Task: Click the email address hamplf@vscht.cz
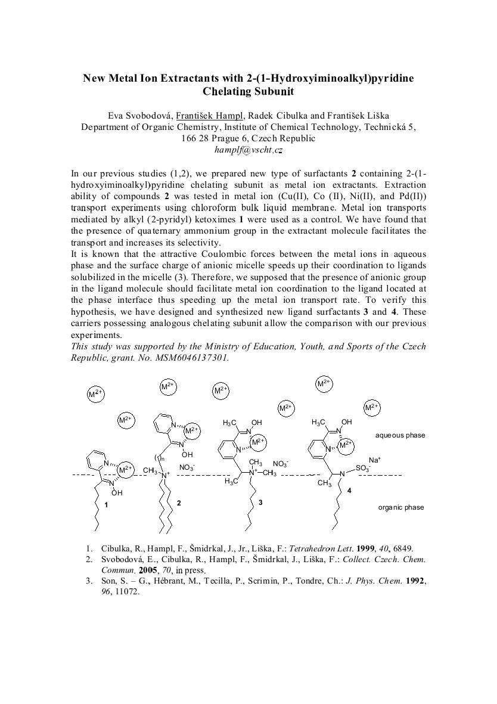(x=248, y=150)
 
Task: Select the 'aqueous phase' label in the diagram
(x=400, y=435)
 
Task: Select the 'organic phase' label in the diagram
(x=401, y=507)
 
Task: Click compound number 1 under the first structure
(x=105, y=505)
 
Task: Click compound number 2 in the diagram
(x=178, y=503)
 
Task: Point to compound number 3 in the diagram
(x=260, y=503)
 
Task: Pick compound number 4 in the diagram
(x=349, y=489)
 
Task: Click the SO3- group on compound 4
(x=363, y=469)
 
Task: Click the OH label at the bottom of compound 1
(x=117, y=493)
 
